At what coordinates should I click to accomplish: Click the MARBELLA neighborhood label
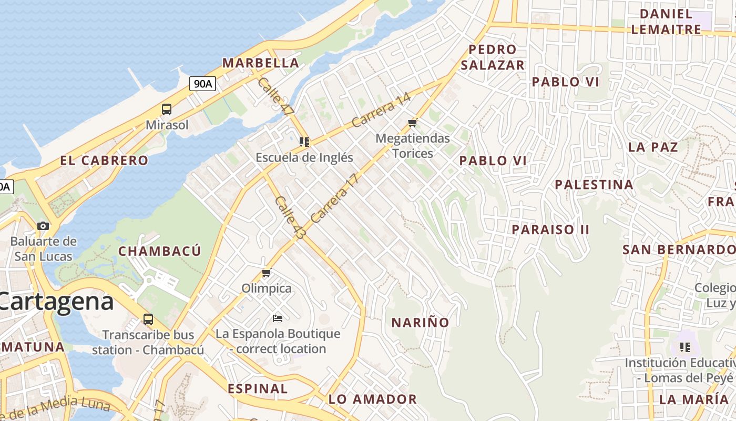point(260,63)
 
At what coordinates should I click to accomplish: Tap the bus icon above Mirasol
point(167,109)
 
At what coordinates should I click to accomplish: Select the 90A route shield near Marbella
point(203,83)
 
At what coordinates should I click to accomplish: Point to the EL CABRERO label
point(104,161)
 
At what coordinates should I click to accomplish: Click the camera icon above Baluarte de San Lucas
point(43,226)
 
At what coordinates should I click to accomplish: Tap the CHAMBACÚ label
point(159,251)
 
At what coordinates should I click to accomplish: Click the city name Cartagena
point(56,302)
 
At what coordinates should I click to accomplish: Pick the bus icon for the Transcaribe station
point(148,319)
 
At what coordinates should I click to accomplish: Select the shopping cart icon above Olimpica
point(267,273)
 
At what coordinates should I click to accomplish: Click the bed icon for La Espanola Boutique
point(278,318)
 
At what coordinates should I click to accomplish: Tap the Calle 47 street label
point(275,97)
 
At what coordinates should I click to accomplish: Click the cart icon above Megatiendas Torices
point(413,123)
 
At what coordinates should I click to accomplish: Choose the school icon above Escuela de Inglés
point(304,142)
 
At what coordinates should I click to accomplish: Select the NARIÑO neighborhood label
point(420,323)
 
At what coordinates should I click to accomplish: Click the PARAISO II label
point(550,229)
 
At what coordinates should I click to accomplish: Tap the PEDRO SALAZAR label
point(493,57)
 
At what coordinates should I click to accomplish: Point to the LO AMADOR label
point(372,399)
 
